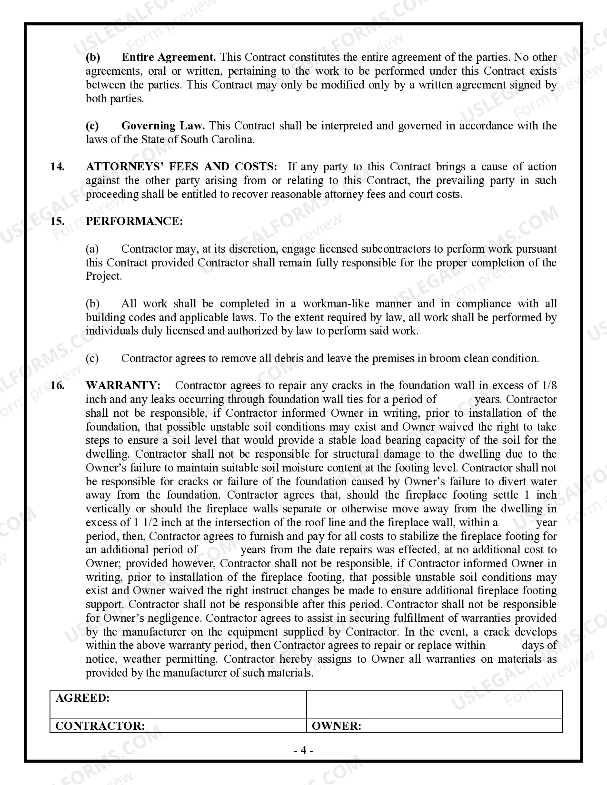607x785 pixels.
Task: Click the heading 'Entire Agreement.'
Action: click(x=169, y=58)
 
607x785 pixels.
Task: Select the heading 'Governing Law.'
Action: click(x=163, y=126)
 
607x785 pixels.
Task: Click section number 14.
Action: click(x=57, y=167)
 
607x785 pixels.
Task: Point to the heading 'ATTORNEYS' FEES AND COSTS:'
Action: click(x=181, y=167)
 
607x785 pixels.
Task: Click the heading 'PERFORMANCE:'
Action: click(x=134, y=222)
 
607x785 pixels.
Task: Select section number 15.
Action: click(x=57, y=222)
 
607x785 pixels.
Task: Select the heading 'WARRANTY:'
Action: click(x=123, y=385)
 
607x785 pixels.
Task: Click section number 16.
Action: click(x=57, y=385)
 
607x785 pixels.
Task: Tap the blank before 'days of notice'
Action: click(x=503, y=646)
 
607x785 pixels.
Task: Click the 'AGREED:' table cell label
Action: click(x=82, y=698)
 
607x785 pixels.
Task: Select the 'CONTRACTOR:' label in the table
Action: click(x=100, y=726)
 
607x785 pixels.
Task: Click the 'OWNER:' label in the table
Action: click(x=336, y=726)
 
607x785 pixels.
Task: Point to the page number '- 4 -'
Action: click(x=303, y=751)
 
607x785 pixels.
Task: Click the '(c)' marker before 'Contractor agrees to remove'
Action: click(x=92, y=358)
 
